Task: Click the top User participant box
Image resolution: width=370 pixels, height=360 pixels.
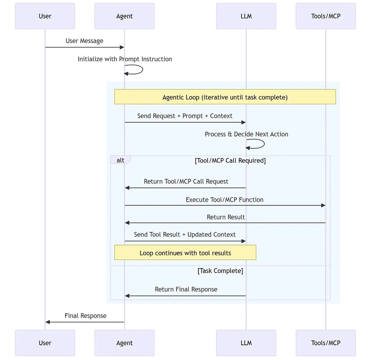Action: tap(45, 16)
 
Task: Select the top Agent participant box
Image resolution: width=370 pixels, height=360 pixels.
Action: tap(124, 16)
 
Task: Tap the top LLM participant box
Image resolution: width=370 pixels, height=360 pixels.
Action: tap(246, 16)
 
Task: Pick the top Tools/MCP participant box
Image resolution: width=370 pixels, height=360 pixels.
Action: tap(326, 16)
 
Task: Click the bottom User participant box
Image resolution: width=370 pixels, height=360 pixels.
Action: tap(45, 343)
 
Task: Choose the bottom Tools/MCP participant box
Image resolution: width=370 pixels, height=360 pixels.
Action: tap(326, 343)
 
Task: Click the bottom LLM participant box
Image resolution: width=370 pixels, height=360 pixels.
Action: tap(246, 343)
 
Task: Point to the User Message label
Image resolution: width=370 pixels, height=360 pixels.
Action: tap(84, 41)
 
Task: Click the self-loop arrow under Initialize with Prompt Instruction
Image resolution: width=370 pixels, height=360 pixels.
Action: tap(141, 70)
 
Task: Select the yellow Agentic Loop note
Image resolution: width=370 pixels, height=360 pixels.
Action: tap(225, 97)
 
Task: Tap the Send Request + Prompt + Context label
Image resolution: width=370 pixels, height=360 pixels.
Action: tap(185, 116)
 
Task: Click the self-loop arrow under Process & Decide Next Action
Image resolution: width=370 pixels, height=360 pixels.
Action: tap(263, 144)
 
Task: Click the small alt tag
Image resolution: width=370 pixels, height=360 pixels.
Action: tap(120, 160)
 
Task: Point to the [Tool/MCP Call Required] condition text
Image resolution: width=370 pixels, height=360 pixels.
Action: tap(230, 161)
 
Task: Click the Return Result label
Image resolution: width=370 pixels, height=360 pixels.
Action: tap(226, 217)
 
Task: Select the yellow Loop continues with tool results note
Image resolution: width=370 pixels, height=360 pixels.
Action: tap(185, 253)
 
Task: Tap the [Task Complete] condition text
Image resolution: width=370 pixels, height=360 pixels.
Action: tap(220, 271)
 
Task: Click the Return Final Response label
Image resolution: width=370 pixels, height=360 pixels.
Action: tap(186, 289)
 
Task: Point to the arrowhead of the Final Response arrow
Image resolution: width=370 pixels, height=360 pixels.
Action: tap(48, 322)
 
